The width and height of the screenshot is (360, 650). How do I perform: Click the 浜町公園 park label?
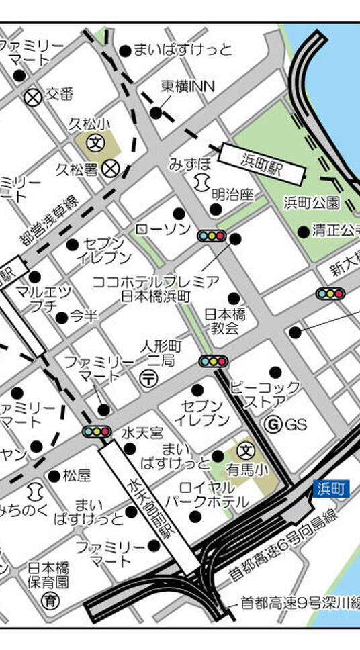311,203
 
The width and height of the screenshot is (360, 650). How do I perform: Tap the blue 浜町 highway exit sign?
331,489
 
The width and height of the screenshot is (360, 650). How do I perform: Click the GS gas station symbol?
273,424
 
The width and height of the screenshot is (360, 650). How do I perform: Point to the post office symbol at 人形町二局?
148,379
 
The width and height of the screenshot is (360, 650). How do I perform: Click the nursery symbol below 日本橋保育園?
48,600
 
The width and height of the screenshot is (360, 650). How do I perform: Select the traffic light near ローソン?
210,236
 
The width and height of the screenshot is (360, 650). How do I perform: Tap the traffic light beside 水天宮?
97,431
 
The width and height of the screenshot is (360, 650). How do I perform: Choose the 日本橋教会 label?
225,320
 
